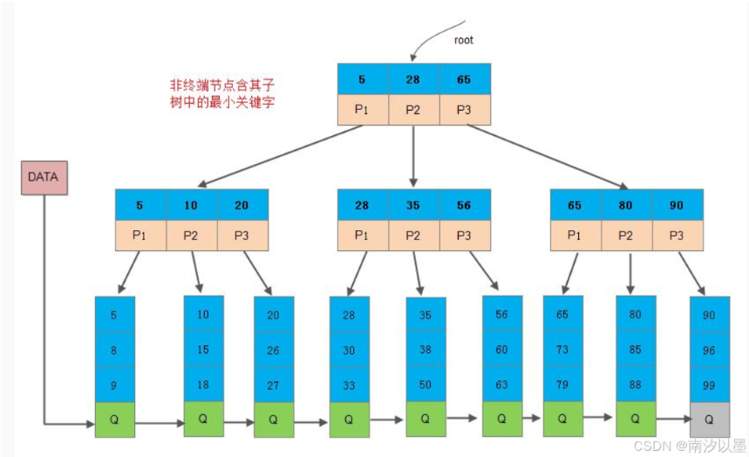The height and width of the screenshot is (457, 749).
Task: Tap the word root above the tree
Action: coord(465,39)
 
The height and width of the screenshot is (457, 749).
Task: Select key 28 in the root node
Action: coord(412,79)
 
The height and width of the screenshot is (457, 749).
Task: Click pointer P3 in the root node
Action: coord(464,109)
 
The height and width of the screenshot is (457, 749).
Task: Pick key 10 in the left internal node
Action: coord(191,206)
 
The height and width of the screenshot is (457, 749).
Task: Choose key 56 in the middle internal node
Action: coord(464,206)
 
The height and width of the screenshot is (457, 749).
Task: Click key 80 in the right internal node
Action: coord(626,206)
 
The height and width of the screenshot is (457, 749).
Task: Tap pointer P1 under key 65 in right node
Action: coord(575,235)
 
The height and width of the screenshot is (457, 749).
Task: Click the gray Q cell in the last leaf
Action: coord(709,419)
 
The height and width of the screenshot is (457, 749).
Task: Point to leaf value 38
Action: coord(426,348)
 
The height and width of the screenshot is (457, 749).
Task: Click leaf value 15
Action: coord(203,349)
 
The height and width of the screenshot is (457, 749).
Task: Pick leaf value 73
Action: coord(562,349)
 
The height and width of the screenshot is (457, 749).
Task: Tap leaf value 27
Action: coord(273,385)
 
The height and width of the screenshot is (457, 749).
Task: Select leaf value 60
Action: coord(502,349)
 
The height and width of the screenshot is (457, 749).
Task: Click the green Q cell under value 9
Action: coord(115,419)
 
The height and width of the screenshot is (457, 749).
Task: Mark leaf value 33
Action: coord(349,385)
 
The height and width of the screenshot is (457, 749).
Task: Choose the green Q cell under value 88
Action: coord(636,419)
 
